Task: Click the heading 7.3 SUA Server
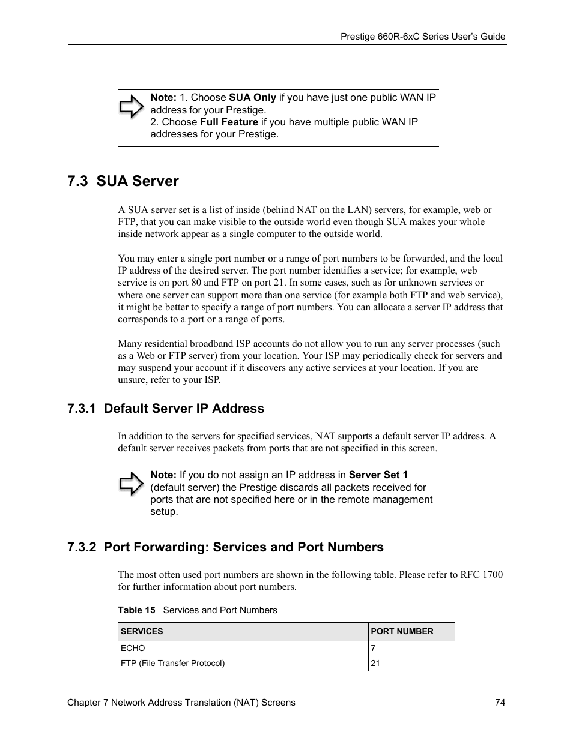123,181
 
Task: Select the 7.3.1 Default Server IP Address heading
166,409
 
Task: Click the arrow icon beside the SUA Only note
131,108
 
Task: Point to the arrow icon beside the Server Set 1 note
131,484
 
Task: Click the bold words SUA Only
252,98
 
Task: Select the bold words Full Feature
229,122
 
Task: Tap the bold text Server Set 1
378,475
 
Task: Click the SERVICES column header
142,631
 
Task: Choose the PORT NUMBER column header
402,631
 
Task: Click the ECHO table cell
133,648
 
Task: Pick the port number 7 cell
373,648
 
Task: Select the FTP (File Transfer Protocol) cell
172,663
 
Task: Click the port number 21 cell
375,663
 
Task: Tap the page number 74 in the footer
500,703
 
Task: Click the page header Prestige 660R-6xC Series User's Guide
423,37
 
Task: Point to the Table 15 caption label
136,610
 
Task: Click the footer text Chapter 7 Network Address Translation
181,703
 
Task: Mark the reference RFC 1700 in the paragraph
482,574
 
